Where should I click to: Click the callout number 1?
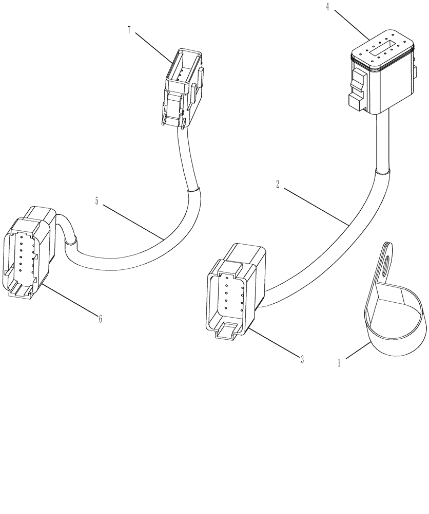click(339, 363)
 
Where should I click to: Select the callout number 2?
click(278, 185)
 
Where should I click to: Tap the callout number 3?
click(302, 360)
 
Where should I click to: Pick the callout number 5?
click(97, 201)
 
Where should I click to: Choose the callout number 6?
click(100, 319)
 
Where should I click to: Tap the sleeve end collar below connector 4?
click(384, 171)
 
